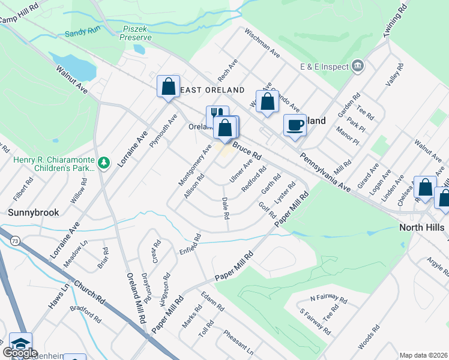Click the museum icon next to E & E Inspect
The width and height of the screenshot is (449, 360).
358,65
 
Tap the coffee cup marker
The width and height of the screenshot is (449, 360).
295,125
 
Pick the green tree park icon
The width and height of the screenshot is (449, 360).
104,163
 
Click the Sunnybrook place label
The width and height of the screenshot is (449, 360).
32,212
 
